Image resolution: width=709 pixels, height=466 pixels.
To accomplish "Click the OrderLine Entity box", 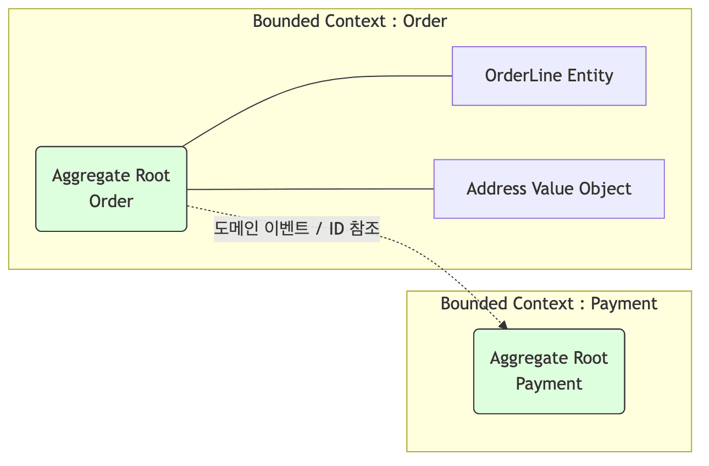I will [x=549, y=76].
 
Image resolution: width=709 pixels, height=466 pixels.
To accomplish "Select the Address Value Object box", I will [x=549, y=188].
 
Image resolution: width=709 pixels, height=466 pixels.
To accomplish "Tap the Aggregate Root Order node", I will [x=111, y=188].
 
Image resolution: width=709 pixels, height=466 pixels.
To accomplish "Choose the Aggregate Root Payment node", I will [x=549, y=371].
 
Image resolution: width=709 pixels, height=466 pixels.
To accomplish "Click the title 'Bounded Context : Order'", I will [x=350, y=21].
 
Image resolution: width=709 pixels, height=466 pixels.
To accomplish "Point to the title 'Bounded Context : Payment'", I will [x=549, y=303].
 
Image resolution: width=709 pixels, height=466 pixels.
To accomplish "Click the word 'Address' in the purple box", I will [x=497, y=188].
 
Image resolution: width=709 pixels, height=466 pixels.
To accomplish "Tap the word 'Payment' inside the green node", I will [x=549, y=383].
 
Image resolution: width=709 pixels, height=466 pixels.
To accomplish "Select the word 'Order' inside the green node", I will [x=111, y=201].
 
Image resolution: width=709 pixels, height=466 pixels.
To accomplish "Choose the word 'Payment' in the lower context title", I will [x=624, y=303].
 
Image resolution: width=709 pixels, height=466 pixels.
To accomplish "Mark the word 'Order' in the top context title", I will [x=425, y=21].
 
